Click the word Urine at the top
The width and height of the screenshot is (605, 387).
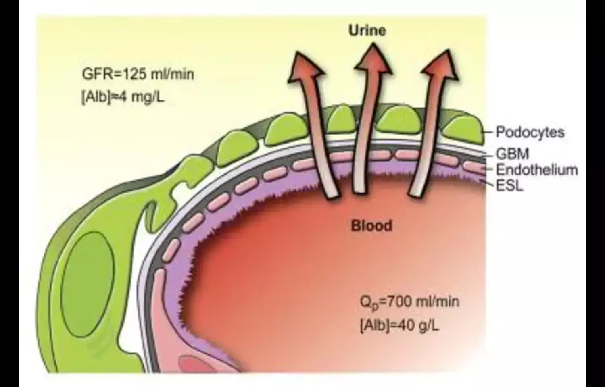367,31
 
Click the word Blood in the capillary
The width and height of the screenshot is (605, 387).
371,225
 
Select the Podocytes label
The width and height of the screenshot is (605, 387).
530,132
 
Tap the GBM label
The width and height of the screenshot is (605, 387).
512,154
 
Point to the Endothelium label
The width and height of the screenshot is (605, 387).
536,169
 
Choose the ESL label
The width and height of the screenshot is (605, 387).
510,186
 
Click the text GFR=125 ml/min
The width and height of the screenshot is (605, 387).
138,75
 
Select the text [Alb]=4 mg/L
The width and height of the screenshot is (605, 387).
123,97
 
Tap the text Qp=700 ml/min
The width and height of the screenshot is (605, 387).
409,302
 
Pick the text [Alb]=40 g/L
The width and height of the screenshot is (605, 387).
399,325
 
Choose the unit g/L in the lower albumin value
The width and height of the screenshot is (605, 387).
427,325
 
